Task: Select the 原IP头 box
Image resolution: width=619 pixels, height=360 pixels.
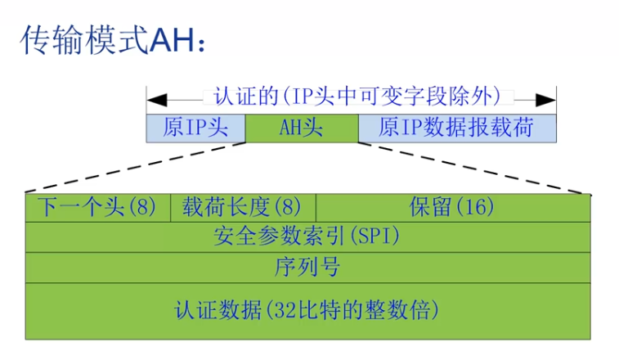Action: point(195,128)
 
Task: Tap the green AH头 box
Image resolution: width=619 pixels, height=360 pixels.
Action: point(301,128)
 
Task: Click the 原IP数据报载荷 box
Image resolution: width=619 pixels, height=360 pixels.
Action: point(456,128)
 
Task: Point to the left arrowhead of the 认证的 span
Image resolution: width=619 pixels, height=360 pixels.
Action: point(154,98)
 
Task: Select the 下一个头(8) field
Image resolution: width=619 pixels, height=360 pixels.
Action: point(96,207)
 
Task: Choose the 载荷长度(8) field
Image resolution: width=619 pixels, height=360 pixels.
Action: point(242,207)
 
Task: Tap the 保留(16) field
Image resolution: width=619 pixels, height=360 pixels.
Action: point(452,207)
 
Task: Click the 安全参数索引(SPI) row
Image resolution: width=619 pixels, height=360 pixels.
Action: point(308,236)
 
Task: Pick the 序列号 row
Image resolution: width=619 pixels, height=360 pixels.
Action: point(308,267)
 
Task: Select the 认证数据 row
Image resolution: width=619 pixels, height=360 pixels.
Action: point(308,310)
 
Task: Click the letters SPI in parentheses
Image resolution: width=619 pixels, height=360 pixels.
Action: point(375,237)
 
